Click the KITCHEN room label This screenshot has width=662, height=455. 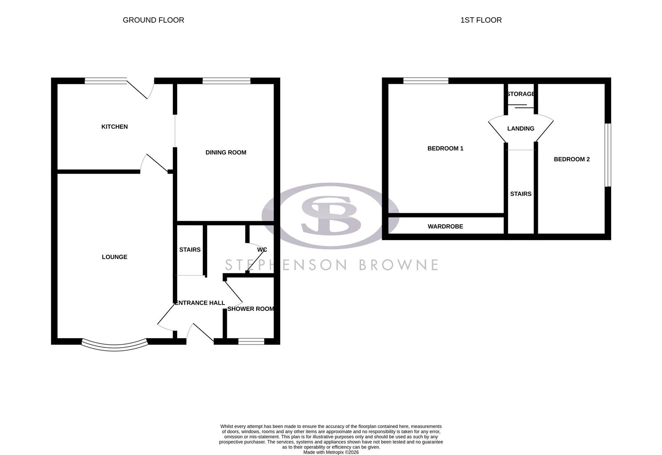[114, 127]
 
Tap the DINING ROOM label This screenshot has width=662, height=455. [226, 153]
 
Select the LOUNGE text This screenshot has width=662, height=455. [114, 257]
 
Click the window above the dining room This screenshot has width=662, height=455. [226, 81]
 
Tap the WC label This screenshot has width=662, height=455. [262, 250]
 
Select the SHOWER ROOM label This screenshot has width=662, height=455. [250, 309]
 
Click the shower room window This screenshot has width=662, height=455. [251, 341]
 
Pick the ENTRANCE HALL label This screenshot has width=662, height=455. [200, 303]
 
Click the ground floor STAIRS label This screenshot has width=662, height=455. [190, 250]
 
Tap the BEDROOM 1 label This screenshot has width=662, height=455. [445, 148]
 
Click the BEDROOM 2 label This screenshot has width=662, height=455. [572, 159]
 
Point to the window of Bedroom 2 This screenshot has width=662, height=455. [608, 155]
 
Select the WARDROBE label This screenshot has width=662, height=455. [445, 227]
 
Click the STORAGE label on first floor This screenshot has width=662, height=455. [521, 94]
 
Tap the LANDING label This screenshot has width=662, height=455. [521, 128]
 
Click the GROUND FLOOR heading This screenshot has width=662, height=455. [153, 20]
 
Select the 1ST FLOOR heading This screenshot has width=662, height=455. [481, 20]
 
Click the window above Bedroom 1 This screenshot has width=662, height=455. [425, 81]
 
